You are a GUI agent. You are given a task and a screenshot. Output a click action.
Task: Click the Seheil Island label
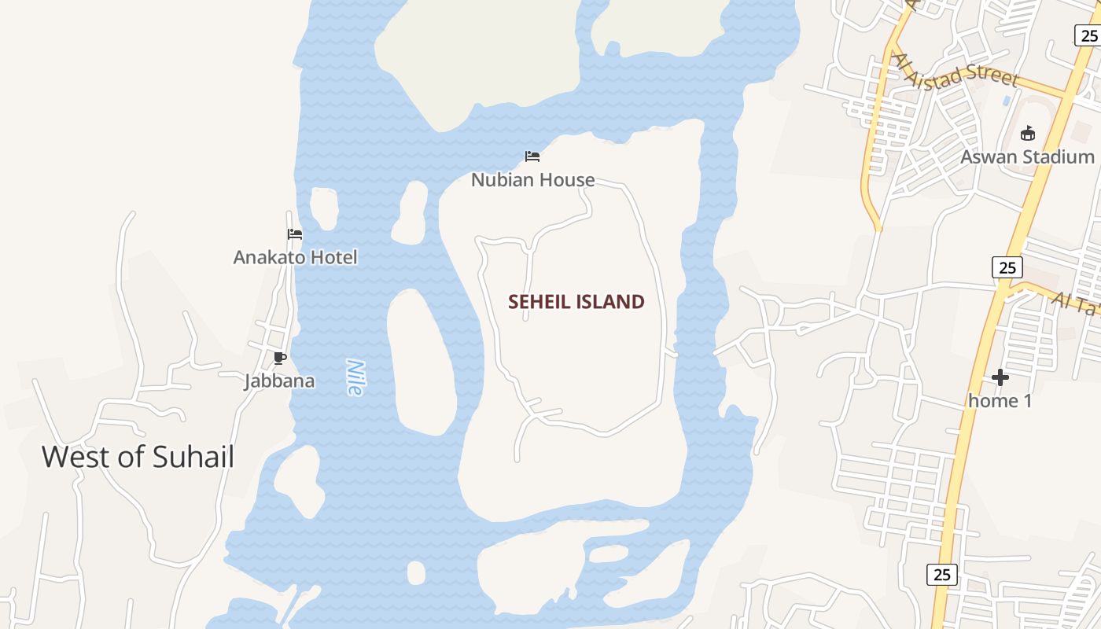click(x=576, y=302)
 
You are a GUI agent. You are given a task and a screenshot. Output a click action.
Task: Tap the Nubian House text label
click(x=532, y=180)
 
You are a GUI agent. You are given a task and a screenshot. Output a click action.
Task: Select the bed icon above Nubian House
click(x=532, y=156)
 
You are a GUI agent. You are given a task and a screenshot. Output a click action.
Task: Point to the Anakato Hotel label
click(x=295, y=257)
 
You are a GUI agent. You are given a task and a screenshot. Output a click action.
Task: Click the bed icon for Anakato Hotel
click(x=295, y=234)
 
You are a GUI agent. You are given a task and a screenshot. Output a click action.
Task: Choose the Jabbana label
click(x=279, y=381)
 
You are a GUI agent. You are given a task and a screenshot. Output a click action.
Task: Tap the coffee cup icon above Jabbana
click(x=279, y=359)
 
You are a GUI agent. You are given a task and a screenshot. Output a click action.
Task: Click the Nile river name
click(x=356, y=377)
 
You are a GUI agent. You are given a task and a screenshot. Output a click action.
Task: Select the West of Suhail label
click(x=138, y=457)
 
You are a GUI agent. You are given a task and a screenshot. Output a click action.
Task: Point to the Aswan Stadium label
click(x=1027, y=157)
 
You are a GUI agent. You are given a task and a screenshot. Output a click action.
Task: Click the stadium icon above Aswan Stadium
click(x=1027, y=133)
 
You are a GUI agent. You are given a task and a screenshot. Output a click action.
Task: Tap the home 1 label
click(x=1000, y=401)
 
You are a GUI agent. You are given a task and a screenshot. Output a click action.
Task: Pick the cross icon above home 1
click(x=1000, y=378)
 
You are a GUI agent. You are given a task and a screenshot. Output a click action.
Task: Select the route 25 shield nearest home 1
click(x=1007, y=267)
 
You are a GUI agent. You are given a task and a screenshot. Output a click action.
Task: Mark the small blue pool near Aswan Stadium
click(x=1007, y=101)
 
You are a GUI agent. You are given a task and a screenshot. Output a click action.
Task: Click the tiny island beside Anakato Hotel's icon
click(x=323, y=208)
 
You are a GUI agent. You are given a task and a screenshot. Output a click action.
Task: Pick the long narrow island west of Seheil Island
click(x=421, y=362)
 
